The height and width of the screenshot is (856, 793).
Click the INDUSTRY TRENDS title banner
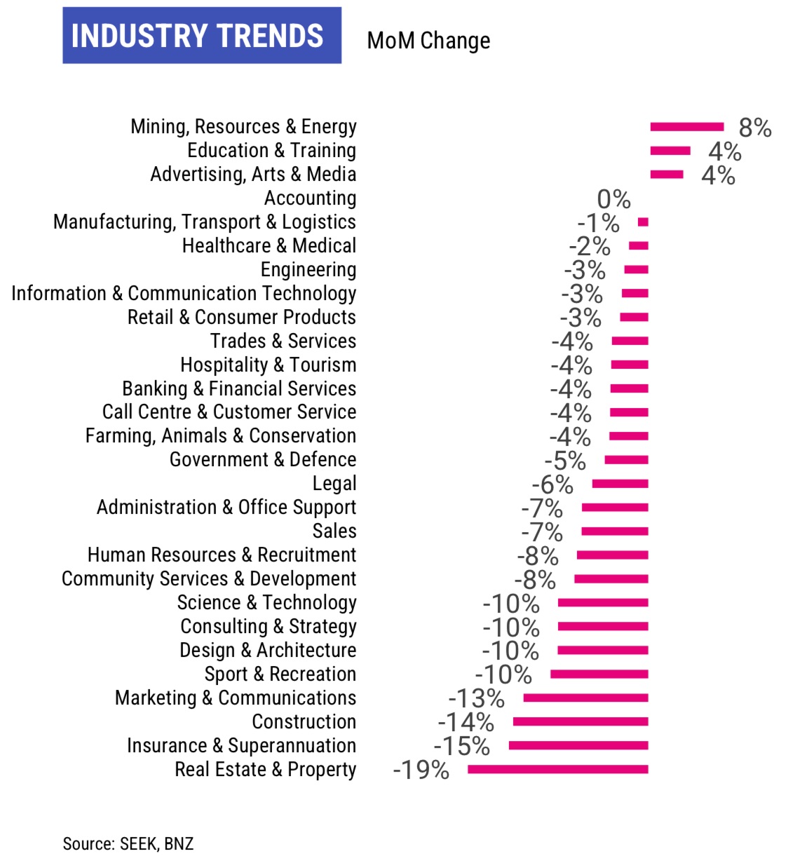coord(202,36)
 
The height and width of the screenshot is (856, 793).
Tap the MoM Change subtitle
coord(428,41)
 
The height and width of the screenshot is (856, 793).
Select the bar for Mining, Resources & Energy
coord(686,127)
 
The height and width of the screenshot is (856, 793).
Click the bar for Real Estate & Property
coord(557,770)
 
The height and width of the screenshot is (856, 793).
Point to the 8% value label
coord(755,128)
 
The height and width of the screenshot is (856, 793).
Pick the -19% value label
coord(421,770)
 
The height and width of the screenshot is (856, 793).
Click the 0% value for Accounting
coord(614,199)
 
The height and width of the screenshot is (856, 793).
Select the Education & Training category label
coord(271,151)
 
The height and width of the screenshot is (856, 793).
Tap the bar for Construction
coord(580,721)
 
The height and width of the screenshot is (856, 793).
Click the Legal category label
coord(334,484)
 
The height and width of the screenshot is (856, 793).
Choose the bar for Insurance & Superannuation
coord(578,745)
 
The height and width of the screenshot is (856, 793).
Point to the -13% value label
coord(476,698)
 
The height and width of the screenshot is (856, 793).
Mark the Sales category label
coord(334,531)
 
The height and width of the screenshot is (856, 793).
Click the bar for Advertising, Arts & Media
coord(666,175)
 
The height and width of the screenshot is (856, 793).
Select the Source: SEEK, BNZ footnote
coord(128,843)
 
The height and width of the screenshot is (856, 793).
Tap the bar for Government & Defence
coord(626,460)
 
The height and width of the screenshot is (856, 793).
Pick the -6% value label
coord(552,484)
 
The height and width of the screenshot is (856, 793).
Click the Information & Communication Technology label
coord(184,293)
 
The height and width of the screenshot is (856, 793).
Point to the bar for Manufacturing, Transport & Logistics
coord(643,222)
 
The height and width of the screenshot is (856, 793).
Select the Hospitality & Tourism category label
coord(268,365)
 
